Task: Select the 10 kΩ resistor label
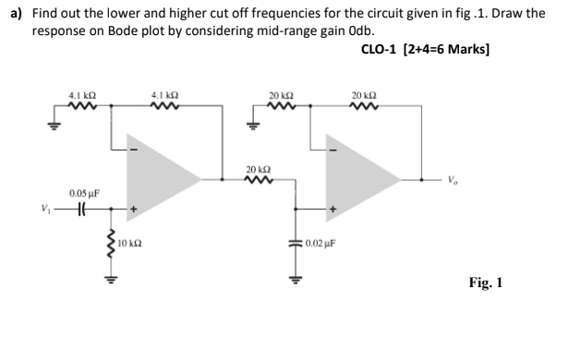129,245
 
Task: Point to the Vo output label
450,180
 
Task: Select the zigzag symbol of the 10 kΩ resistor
113,246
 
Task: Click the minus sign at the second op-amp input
334,151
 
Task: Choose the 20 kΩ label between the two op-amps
260,168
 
